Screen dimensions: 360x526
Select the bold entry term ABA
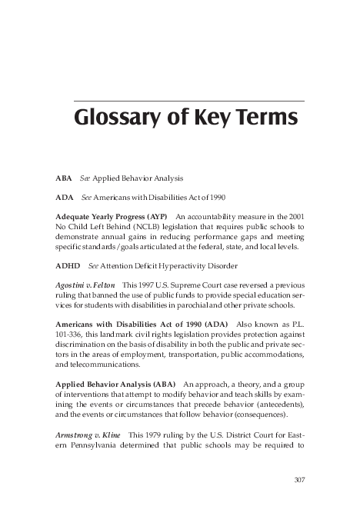(x=64, y=178)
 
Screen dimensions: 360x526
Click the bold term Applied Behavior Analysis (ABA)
(x=116, y=384)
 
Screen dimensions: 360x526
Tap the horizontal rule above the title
(x=188, y=102)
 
